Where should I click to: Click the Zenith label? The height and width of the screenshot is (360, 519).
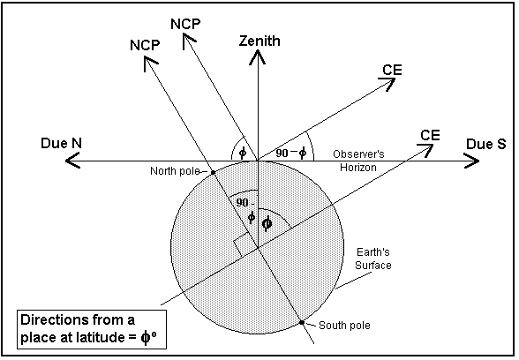click(x=259, y=41)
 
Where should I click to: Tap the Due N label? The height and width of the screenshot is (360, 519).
click(x=61, y=143)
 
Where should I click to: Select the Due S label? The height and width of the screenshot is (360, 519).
click(x=485, y=144)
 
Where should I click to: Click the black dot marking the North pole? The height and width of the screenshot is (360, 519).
click(x=214, y=172)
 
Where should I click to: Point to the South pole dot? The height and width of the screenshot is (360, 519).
click(x=302, y=323)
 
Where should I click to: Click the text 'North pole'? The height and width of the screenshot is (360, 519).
click(x=175, y=171)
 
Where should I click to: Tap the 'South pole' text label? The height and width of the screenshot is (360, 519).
click(x=344, y=326)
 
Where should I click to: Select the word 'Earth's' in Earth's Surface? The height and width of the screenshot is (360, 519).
click(x=373, y=252)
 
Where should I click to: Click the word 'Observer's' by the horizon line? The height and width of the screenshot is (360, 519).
click(x=358, y=154)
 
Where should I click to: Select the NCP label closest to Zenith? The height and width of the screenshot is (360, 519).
click(x=185, y=24)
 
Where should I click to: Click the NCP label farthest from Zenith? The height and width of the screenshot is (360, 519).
click(x=145, y=45)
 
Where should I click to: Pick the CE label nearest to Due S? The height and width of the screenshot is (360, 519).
click(x=430, y=135)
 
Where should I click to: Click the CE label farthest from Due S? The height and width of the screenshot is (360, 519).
click(x=392, y=71)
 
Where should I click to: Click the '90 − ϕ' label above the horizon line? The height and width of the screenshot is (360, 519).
click(x=291, y=153)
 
